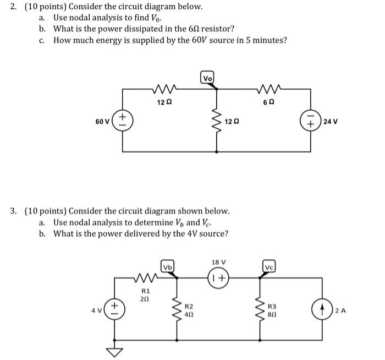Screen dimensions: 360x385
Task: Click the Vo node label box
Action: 208,79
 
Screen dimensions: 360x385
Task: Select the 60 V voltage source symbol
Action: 122,119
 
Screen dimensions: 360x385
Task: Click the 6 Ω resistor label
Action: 268,102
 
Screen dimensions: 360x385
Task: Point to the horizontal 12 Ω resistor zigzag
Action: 164,88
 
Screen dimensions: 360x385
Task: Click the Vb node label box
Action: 167,267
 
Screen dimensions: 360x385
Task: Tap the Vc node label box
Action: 268,267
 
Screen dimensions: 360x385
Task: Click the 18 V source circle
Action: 219,277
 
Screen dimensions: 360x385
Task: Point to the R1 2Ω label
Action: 146,294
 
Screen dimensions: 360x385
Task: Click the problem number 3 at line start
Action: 13,211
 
